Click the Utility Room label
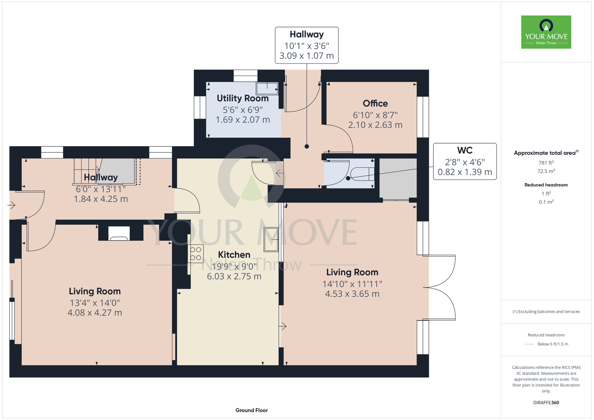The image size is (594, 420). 243,98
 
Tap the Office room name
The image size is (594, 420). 375,103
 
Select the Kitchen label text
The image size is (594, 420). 234,255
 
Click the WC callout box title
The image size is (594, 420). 465,150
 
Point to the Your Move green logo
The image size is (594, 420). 546,32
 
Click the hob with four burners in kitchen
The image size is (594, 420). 195,254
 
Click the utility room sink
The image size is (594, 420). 267,89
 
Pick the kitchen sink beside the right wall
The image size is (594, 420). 271,239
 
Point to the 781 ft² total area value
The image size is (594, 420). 546,162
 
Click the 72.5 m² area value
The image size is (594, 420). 546,171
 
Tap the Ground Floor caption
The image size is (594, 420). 252,410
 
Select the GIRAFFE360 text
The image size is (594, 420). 546,403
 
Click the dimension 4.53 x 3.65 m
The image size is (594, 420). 352,294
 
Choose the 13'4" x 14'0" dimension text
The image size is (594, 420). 95,303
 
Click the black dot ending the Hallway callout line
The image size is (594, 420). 307,146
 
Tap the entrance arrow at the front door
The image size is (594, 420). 11,205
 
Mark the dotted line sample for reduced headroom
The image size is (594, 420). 529,344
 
